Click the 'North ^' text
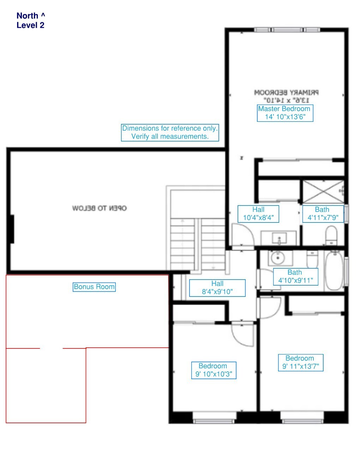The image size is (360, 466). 31,16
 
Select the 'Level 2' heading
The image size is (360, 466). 30,25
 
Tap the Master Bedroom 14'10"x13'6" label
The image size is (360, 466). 285,113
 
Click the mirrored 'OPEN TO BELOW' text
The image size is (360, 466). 99,208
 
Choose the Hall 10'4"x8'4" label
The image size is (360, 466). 258,214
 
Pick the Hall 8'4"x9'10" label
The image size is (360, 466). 217,288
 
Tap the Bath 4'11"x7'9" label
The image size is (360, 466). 323,214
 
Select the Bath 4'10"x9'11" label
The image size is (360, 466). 295,276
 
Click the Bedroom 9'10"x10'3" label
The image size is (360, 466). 214,370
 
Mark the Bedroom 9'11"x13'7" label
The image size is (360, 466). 300,362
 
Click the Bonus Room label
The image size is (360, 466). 94,287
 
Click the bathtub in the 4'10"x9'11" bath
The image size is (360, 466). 334,270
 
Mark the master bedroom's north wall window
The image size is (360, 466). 287,30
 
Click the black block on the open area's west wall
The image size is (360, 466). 12,229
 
